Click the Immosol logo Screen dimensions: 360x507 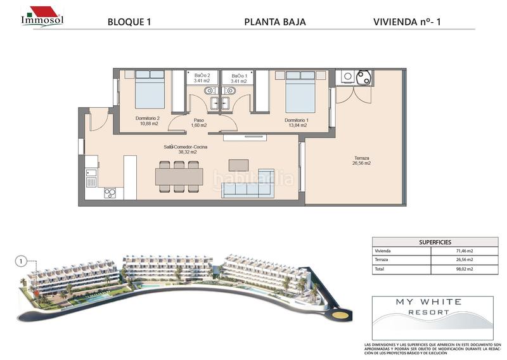point(42,16)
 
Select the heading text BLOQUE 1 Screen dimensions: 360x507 point(129,22)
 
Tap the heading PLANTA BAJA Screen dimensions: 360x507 point(275,22)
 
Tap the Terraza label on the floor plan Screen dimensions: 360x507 point(362,161)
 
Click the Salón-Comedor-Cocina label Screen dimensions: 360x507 point(185,150)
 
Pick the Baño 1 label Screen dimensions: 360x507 point(239,78)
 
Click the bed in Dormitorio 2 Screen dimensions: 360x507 point(150,90)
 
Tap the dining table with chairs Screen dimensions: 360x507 point(180,176)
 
